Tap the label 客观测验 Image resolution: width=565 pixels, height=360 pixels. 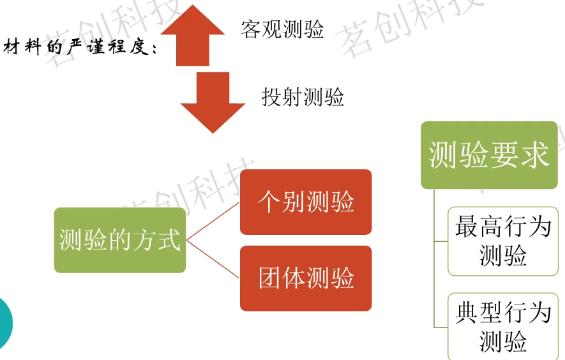[x=282, y=29]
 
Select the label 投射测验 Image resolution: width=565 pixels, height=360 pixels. [x=303, y=97]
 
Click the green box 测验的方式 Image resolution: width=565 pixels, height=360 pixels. [x=120, y=240]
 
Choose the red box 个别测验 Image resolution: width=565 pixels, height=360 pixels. [x=306, y=202]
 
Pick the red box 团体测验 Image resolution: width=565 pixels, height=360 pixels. [x=306, y=278]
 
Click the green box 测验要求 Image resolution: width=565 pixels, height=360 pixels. [x=489, y=155]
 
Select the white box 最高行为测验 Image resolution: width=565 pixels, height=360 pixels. [x=503, y=241]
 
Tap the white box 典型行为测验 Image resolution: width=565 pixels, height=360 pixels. [x=503, y=326]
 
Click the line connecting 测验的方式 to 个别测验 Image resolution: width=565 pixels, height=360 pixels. [x=213, y=221]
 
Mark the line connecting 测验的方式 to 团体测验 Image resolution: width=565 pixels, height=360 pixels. [x=213, y=259]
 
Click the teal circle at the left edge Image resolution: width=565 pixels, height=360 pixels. [x=5, y=323]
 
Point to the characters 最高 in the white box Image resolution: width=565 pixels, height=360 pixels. [x=479, y=227]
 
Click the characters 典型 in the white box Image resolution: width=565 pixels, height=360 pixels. [x=479, y=312]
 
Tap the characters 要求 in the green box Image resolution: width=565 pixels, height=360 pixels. [x=519, y=155]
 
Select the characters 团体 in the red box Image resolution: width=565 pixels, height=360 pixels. [x=282, y=278]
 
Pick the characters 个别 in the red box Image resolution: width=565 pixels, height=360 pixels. [x=282, y=202]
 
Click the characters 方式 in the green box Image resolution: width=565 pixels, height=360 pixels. [x=156, y=239]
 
